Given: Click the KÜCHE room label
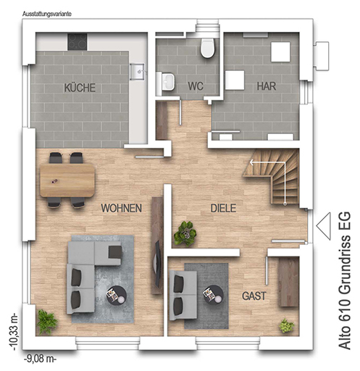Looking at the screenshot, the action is tap(80, 88).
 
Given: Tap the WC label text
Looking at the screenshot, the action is tap(196, 86).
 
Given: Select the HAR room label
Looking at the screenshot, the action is tap(267, 86).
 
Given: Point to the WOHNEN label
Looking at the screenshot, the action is tap(121, 208).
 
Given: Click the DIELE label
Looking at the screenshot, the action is tap(223, 208).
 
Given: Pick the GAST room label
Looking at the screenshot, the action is tap(254, 296).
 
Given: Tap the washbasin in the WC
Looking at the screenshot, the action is tap(167, 81).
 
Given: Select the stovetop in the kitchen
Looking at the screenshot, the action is tap(78, 41).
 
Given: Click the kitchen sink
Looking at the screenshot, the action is tap(138, 72).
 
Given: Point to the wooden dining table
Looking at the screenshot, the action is tap(67, 180).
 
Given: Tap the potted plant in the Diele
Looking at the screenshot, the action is tap(185, 233).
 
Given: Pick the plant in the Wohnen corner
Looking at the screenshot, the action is tap(46, 322).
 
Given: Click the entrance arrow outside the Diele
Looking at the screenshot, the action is tap(323, 226).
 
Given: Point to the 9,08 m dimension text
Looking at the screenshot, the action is tap(40, 359).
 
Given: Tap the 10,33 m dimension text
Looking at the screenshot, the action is tap(14, 331).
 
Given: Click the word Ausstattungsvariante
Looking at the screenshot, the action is tap(47, 14).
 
